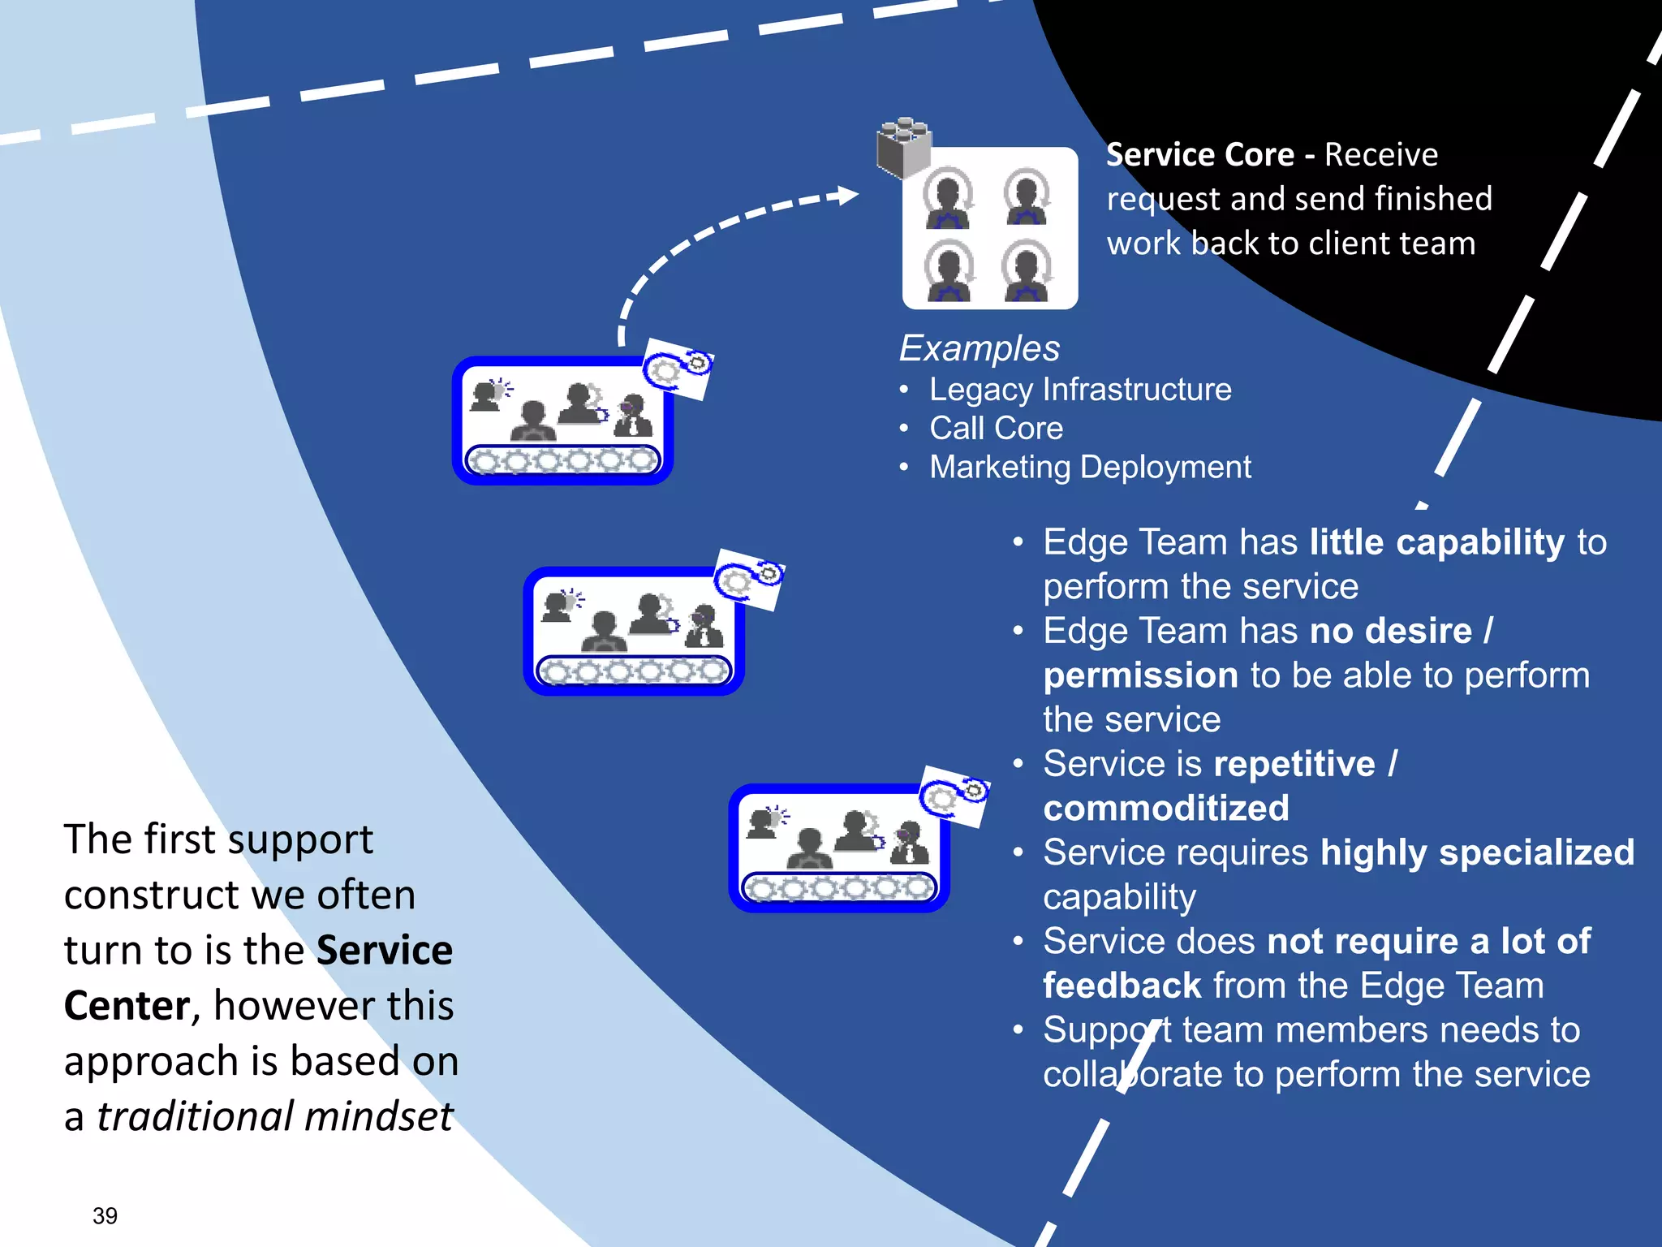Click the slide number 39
[x=105, y=1215]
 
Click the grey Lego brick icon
[x=903, y=147]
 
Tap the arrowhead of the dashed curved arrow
[x=847, y=196]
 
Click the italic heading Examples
[x=979, y=348]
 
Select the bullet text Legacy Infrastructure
[x=1079, y=390]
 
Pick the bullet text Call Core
[x=996, y=429]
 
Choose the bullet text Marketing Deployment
[x=1089, y=468]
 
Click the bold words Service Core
[x=1199, y=155]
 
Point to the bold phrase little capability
[x=1436, y=542]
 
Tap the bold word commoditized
[x=1165, y=809]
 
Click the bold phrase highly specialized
[x=1476, y=852]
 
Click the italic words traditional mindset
[x=274, y=1116]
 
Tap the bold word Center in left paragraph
[x=127, y=1006]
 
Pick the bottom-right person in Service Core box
[x=1027, y=272]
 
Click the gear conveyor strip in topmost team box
[x=562, y=461]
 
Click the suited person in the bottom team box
[x=910, y=844]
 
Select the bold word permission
[x=1140, y=675]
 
